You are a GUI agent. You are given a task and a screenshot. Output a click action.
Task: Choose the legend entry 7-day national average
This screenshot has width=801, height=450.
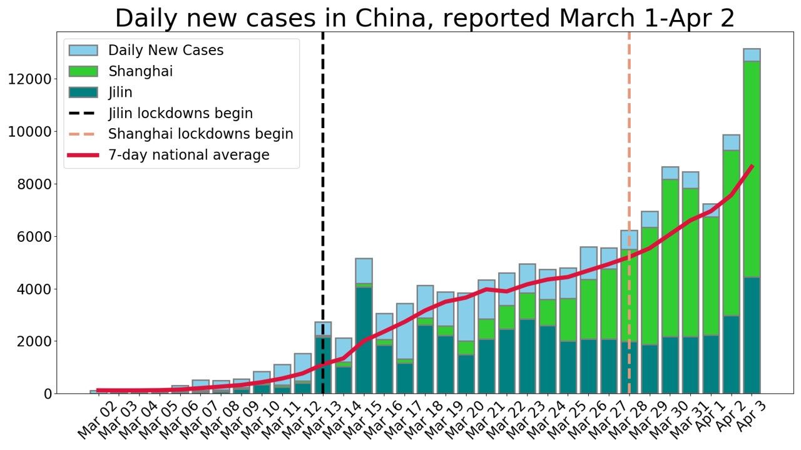pyautogui.click(x=188, y=155)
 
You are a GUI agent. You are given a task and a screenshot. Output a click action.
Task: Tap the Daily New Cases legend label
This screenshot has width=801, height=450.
pyautogui.click(x=165, y=51)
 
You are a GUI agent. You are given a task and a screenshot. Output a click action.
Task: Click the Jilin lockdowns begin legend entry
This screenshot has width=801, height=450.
pyautogui.click(x=180, y=114)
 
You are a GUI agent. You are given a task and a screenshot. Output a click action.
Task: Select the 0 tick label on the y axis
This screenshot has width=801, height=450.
pyautogui.click(x=47, y=394)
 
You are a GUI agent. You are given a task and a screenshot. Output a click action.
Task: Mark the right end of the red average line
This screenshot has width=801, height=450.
pyautogui.click(x=752, y=166)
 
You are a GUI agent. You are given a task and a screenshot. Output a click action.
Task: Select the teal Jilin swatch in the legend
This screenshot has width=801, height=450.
pyautogui.click(x=83, y=92)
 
